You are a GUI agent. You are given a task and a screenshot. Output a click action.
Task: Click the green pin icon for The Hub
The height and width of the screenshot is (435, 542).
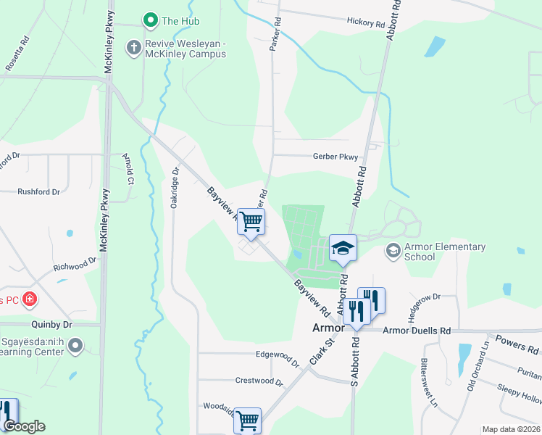pos(151,21)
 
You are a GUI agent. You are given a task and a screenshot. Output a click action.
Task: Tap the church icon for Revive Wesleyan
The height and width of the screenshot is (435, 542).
pos(133,49)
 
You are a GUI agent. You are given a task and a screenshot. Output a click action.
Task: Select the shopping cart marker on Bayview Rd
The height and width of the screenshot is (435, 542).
pos(251,221)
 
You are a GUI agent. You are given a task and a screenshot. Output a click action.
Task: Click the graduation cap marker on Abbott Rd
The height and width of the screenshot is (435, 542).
pos(343,248)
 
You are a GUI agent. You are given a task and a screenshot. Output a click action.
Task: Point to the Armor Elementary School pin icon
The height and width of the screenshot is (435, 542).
pos(393,251)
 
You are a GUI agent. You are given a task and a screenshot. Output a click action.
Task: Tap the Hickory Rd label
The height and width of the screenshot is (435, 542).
pos(365,23)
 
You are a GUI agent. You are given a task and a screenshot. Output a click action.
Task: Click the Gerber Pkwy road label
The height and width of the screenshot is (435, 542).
pos(335,156)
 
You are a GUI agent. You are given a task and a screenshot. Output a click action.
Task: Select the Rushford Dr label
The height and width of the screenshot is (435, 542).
pos(38,192)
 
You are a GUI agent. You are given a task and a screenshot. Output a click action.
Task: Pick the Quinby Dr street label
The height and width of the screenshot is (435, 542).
pos(52,325)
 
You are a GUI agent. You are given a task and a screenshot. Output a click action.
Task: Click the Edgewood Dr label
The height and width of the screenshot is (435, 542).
pos(277,355)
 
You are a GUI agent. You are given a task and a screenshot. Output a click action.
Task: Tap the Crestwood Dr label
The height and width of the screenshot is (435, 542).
pos(259,381)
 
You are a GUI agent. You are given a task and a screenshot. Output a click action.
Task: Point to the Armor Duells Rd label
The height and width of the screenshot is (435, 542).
pos(416,331)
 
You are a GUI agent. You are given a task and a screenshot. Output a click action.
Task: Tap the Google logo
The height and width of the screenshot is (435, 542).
pos(24,426)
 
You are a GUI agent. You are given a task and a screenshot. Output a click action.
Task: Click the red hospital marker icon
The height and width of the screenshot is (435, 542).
pos(29,299)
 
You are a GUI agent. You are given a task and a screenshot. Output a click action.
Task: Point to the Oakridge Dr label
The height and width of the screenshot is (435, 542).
pos(175,188)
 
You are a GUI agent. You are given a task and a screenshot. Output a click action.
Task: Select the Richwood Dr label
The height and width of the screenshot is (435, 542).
pos(75,265)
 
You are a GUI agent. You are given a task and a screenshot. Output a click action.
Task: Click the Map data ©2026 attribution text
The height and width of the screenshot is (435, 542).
pos(509,429)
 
